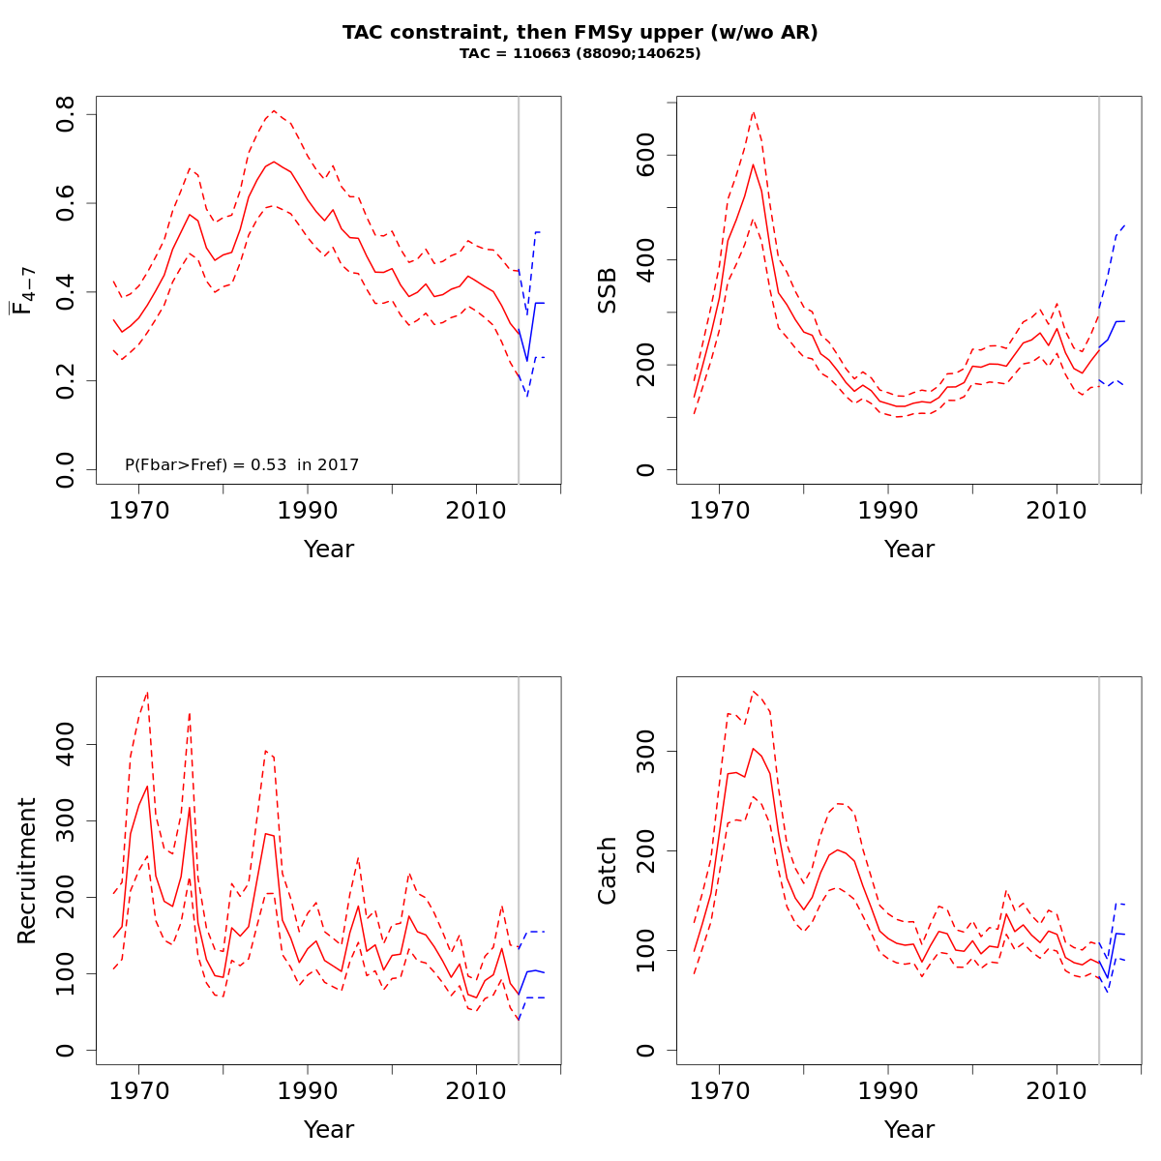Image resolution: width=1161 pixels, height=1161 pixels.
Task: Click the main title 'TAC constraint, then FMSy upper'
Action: (580, 32)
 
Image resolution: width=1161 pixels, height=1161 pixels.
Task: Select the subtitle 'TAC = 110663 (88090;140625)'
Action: (580, 54)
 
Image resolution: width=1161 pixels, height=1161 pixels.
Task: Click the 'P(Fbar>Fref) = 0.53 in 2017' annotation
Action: (242, 465)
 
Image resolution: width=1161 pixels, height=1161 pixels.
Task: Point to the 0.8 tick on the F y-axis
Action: (66, 115)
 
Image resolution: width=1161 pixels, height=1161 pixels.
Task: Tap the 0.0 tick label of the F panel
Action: (66, 469)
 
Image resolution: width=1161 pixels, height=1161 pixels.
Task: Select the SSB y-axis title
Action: (608, 290)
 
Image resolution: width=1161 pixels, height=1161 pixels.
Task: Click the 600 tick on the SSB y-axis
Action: (646, 156)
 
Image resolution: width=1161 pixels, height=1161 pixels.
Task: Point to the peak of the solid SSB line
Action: (753, 164)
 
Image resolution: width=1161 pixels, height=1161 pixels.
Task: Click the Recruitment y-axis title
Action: (27, 871)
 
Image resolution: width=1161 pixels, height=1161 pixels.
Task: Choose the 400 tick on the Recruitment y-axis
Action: (66, 744)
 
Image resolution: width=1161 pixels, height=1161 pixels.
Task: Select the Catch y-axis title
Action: (608, 871)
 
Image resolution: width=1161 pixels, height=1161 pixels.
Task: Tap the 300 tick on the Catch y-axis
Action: (646, 752)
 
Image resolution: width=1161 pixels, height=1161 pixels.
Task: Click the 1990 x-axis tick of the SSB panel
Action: (888, 510)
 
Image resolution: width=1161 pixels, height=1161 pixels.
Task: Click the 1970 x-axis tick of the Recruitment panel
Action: (139, 1090)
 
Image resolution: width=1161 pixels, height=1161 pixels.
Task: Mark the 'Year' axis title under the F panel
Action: (329, 550)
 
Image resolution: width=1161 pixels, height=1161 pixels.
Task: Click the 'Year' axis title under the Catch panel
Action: (909, 1130)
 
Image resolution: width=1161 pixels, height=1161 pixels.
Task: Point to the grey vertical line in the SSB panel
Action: (1099, 290)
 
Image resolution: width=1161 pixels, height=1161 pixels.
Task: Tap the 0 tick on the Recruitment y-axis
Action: (66, 1050)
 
